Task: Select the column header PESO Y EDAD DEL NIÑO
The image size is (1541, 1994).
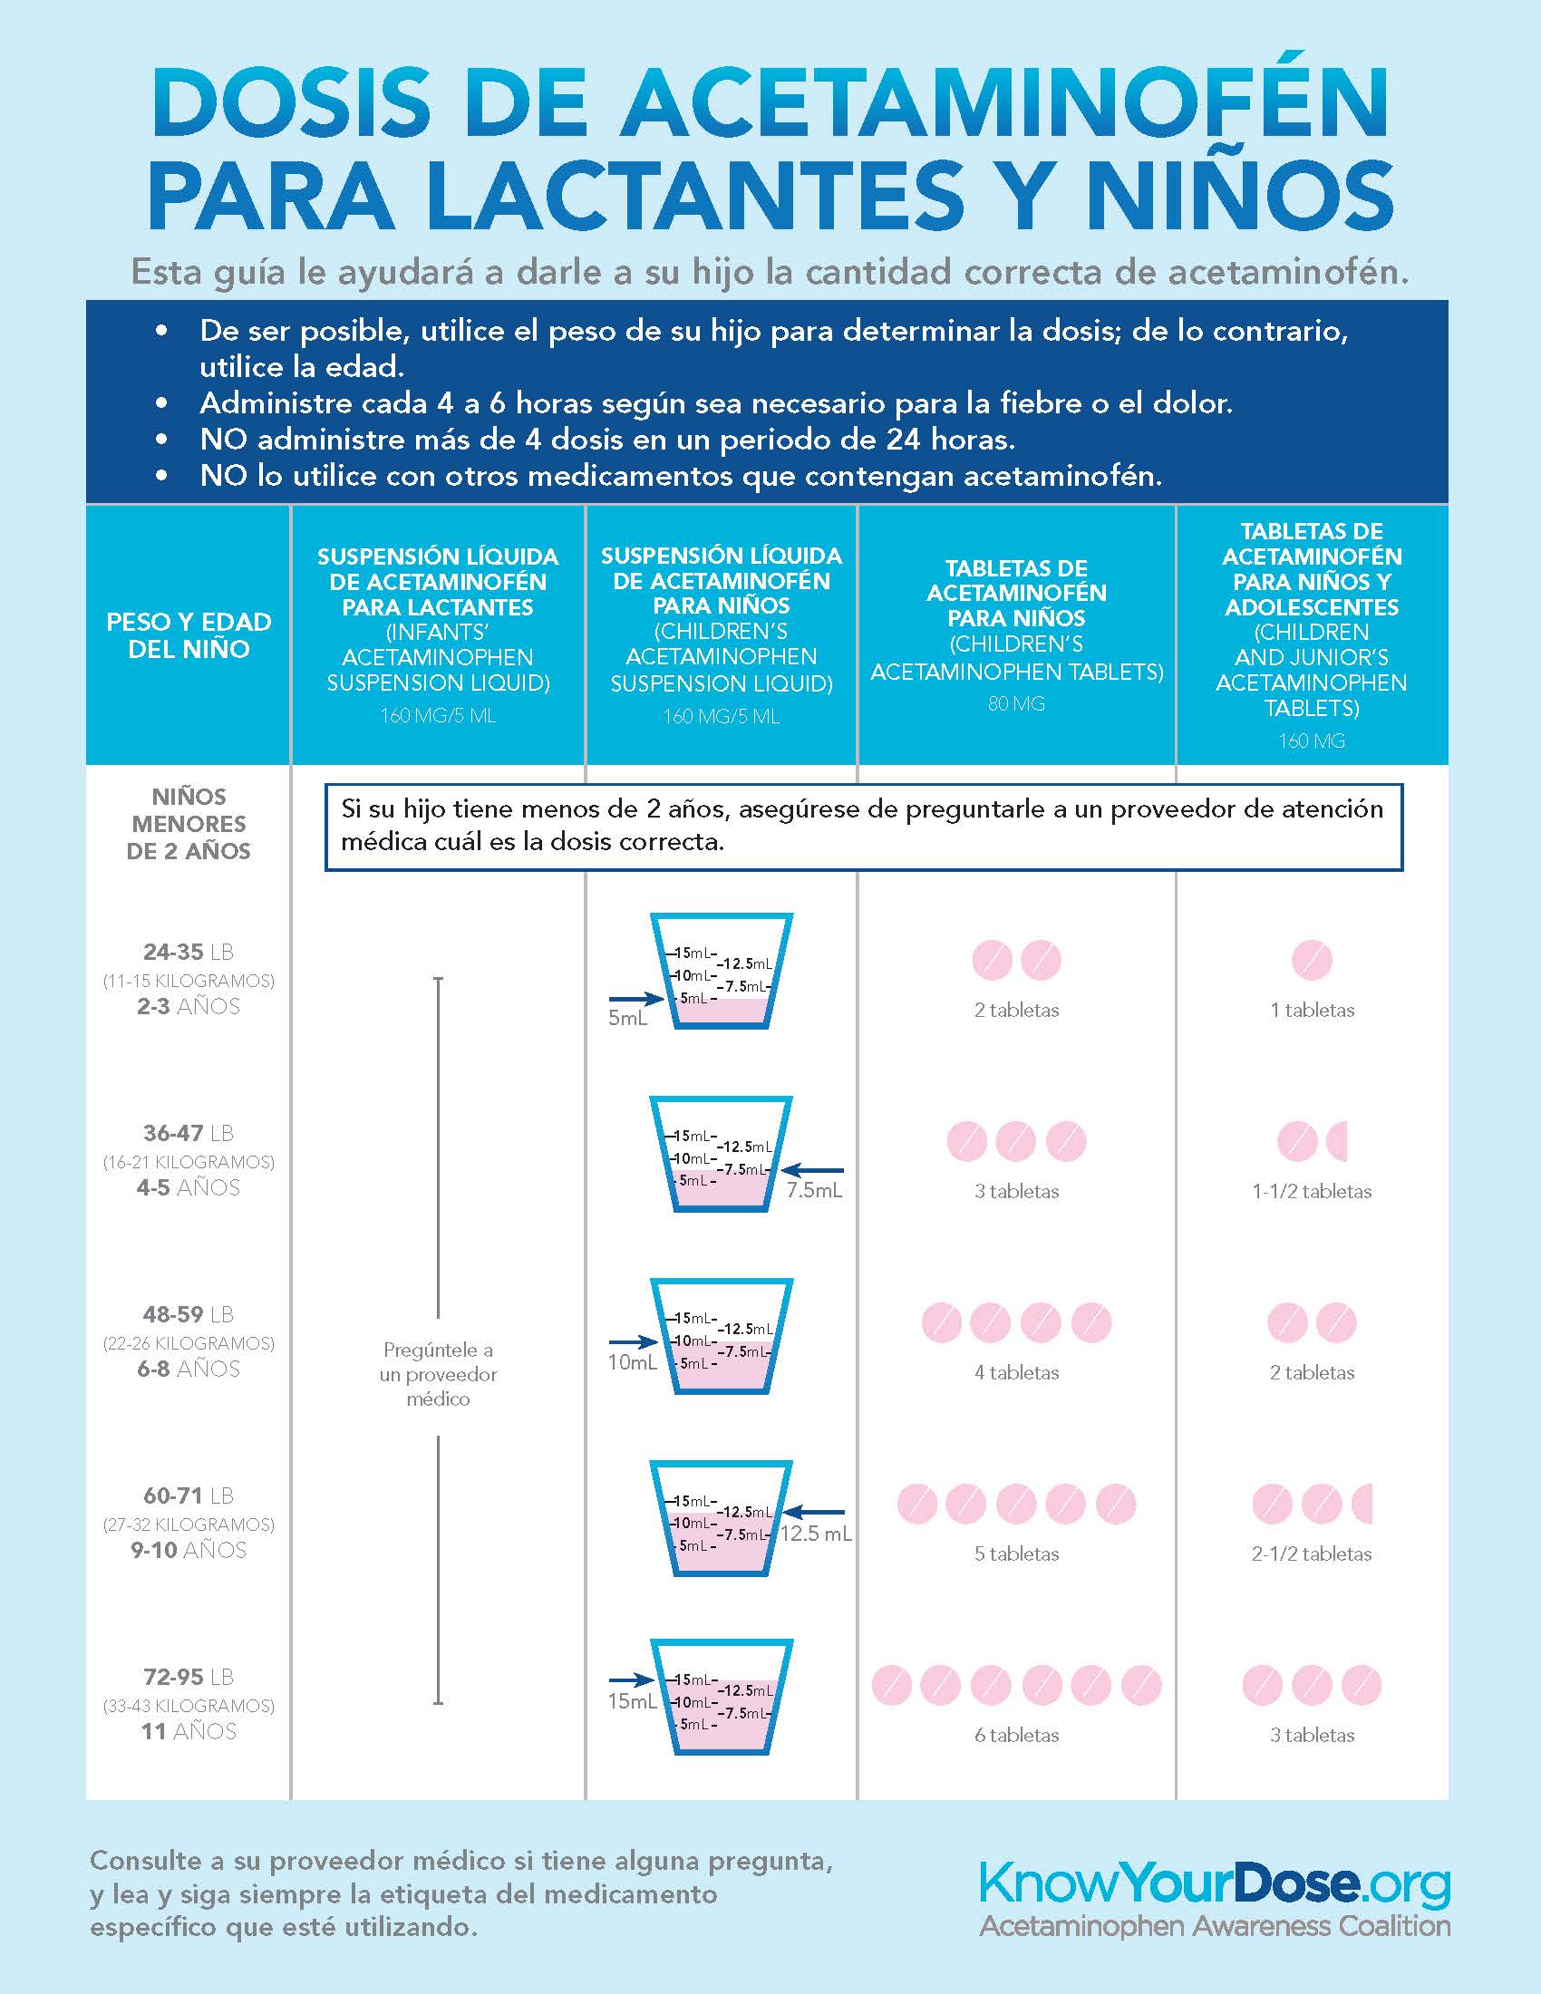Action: coord(188,635)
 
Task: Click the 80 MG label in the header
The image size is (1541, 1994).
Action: coord(1016,704)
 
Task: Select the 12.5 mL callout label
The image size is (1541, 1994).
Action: coord(816,1534)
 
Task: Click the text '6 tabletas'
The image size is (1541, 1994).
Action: coord(1016,1735)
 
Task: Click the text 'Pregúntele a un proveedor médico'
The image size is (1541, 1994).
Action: coord(438,1374)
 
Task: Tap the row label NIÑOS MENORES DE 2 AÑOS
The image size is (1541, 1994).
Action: coord(188,824)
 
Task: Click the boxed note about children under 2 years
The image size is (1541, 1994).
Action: coord(863,826)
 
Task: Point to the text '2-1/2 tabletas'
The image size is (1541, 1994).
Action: coord(1311,1554)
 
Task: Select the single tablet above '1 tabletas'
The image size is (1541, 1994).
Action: coord(1312,961)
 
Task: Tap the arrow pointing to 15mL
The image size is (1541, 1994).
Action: coord(632,1679)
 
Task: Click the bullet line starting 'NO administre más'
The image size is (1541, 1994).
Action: coord(607,440)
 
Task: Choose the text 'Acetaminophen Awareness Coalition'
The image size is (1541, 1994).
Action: coord(1214,1926)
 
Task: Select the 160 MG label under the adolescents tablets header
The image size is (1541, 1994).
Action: coord(1311,741)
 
